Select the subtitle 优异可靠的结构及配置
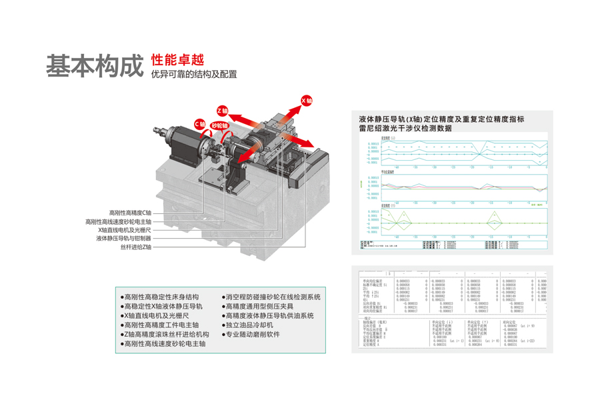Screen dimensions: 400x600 [194, 75]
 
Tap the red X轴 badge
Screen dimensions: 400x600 [307, 101]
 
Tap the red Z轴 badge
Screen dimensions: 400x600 [223, 110]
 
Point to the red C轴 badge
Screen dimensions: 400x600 [200, 124]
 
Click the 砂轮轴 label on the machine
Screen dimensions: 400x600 [219, 125]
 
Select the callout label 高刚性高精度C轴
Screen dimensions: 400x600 [130, 213]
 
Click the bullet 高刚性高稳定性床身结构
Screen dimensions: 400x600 [162, 297]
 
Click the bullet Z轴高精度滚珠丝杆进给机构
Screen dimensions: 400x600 [167, 334]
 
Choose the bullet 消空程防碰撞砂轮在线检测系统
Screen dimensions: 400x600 [273, 297]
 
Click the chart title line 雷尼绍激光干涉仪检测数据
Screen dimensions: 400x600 [405, 128]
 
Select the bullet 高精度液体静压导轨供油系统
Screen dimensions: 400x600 [269, 315]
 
